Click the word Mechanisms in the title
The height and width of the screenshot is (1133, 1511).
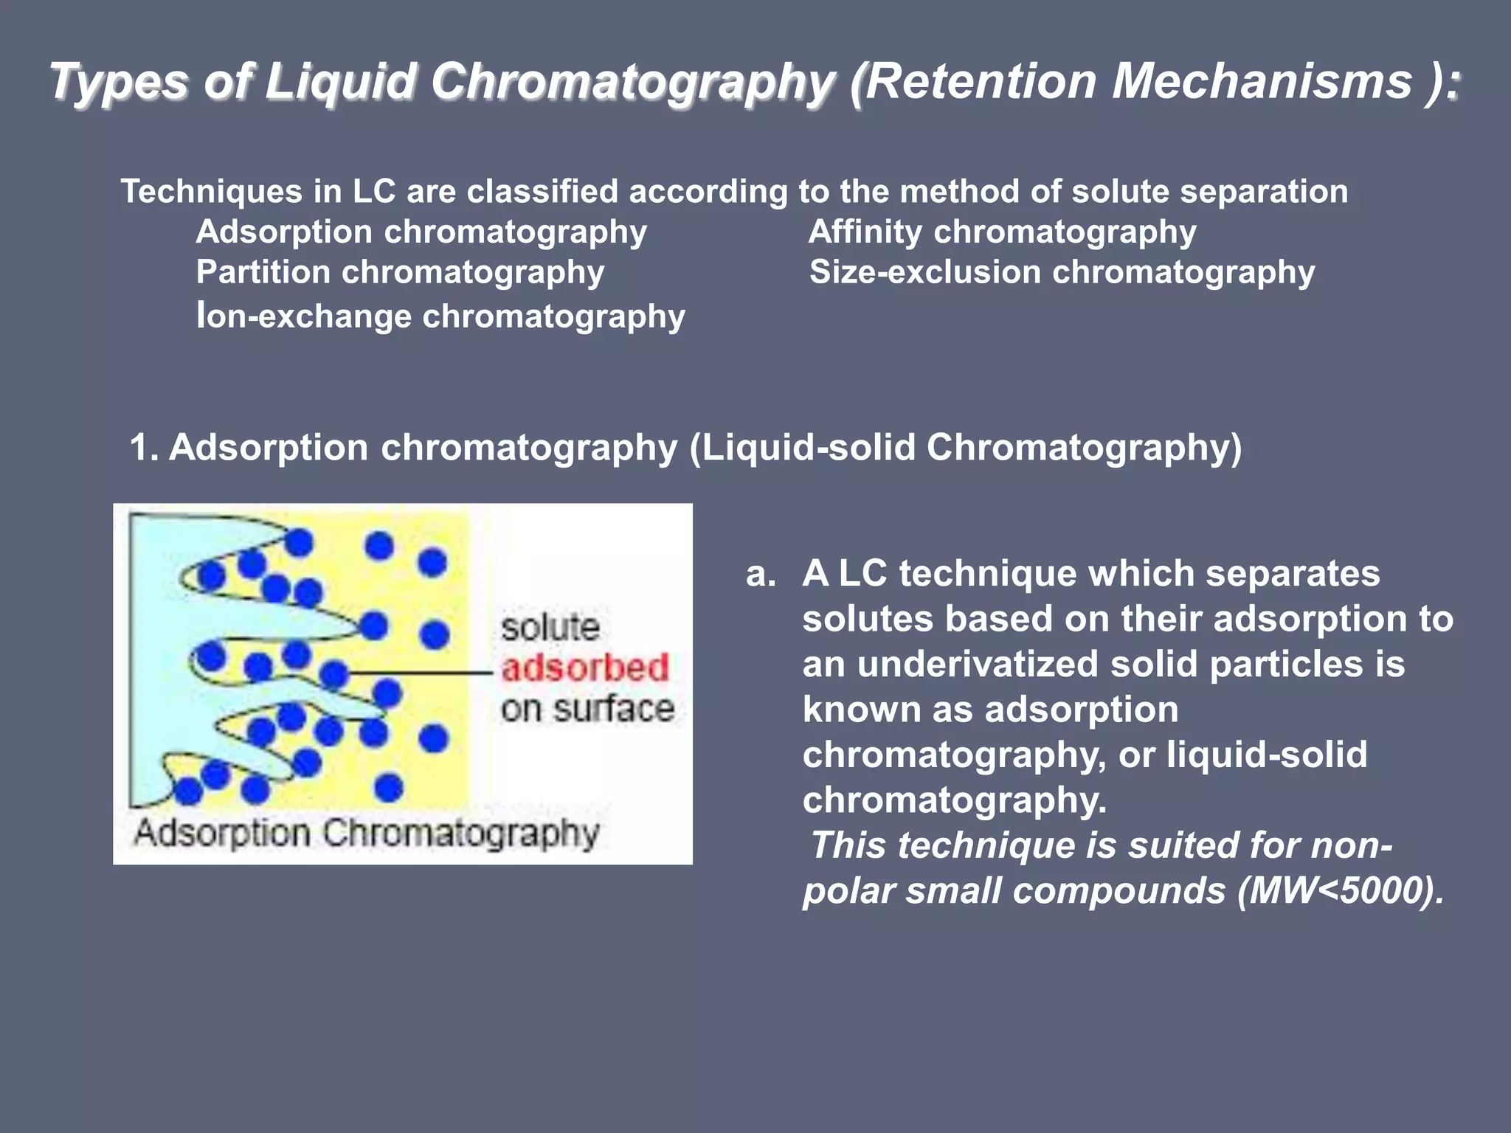tap(1262, 81)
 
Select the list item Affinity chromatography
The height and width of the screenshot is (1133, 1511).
tap(1002, 232)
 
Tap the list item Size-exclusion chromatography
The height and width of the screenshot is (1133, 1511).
tap(1062, 272)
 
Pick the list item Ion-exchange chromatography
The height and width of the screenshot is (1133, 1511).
tap(440, 316)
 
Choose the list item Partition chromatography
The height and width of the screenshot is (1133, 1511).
tap(400, 272)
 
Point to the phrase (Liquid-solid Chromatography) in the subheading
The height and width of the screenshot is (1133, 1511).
tap(966, 448)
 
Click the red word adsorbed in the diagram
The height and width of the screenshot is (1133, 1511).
tap(585, 668)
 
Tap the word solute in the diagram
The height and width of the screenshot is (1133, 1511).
tap(550, 628)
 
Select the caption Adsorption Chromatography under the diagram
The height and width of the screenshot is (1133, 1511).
tap(366, 834)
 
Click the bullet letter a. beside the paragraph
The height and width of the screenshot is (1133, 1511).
tap(760, 574)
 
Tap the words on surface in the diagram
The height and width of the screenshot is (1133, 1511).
tap(587, 709)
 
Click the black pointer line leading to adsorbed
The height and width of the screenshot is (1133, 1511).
tap(421, 673)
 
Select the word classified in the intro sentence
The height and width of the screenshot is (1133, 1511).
tap(542, 192)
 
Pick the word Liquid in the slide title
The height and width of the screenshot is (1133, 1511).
tap(340, 81)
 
